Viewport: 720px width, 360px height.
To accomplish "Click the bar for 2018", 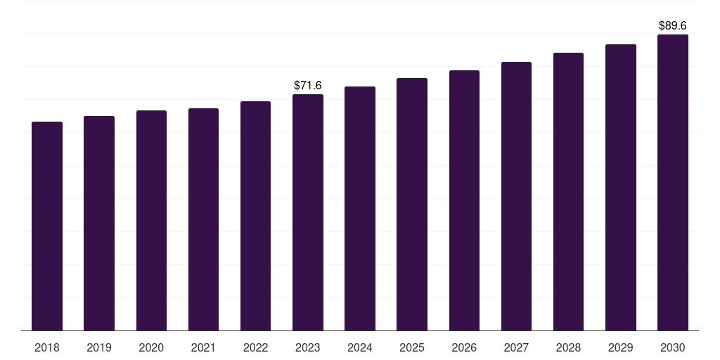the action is pos(47,226).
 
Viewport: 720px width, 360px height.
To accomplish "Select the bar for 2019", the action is pos(99,223).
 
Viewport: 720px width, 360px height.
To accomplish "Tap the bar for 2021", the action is pos(203,219).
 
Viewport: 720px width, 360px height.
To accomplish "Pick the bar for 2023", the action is pos(308,212).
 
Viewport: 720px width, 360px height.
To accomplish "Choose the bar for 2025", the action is pos(412,205).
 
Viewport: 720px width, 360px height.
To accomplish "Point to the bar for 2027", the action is pos(516,196).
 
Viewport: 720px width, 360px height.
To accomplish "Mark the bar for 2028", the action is pos(568,191).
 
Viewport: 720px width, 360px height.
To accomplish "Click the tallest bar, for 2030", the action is pos(673,182).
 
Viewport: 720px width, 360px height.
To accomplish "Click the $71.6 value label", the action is pos(308,85).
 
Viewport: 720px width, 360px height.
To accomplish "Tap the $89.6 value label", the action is pos(673,26).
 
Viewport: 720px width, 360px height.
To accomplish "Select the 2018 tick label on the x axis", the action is pos(47,347).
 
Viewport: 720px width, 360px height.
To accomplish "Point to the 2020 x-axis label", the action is pos(151,347).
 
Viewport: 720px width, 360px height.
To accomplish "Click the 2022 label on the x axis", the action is pos(255,347).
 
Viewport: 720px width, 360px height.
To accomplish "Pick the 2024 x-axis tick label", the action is pos(359,347).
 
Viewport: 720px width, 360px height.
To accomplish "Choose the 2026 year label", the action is pos(464,347).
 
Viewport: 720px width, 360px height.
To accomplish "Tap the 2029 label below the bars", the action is pos(620,347).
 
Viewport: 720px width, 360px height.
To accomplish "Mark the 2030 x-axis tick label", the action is pos(673,347).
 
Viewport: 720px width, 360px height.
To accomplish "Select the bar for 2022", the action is pos(255,216).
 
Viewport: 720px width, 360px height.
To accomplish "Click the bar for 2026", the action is pos(464,200).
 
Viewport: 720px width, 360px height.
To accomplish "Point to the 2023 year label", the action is pos(308,347).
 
